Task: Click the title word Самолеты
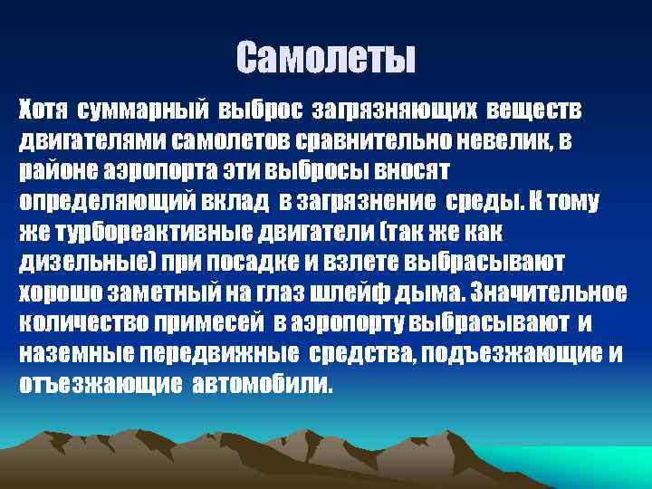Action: tap(326, 58)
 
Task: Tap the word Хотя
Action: tap(44, 110)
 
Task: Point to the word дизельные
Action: tap(81, 263)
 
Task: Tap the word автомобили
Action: tap(263, 384)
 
